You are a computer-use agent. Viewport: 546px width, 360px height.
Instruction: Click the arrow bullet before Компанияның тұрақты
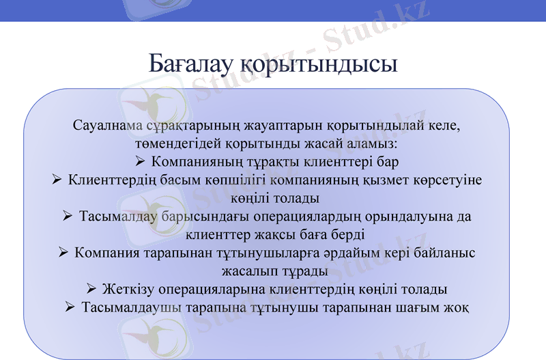pyautogui.click(x=140, y=163)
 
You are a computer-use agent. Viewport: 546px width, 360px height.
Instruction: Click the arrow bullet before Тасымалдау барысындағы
pyautogui.click(x=68, y=217)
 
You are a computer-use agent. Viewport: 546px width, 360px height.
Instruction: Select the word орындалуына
pyautogui.click(x=405, y=217)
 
